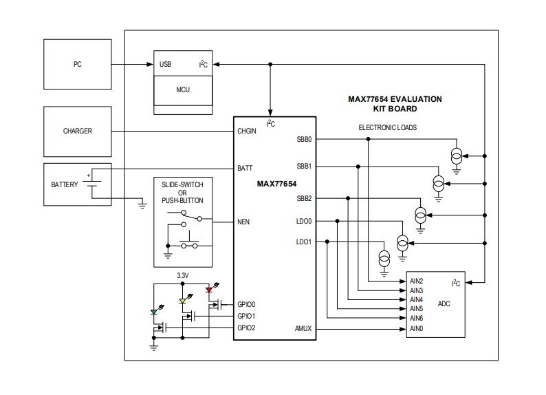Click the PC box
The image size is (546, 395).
click(77, 65)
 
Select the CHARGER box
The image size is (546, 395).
click(77, 131)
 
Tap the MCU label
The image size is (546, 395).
click(183, 89)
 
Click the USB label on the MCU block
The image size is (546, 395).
click(166, 65)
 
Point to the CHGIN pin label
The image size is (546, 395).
click(247, 131)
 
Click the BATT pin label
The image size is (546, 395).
click(245, 168)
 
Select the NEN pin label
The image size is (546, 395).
click(244, 222)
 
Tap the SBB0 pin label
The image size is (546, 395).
click(304, 139)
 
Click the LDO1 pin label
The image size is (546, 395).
click(304, 242)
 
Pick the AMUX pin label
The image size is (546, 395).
click(303, 329)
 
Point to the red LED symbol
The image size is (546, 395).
click(210, 290)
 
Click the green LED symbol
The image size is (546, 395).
click(155, 312)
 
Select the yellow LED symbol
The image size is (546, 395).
click(182, 301)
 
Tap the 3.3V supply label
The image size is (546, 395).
click(182, 275)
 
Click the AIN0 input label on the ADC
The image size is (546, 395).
click(416, 328)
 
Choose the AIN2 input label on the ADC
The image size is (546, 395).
click(416, 281)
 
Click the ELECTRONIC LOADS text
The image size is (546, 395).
click(387, 127)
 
